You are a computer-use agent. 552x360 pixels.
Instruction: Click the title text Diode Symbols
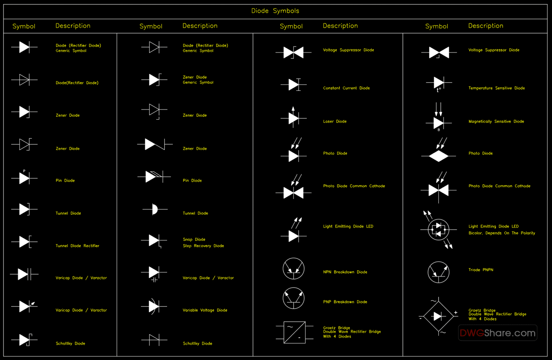[275, 11]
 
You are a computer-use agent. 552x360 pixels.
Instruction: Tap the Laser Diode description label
[335, 121]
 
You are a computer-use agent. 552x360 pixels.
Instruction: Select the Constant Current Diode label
[346, 88]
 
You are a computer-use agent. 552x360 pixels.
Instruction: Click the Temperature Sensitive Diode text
[496, 88]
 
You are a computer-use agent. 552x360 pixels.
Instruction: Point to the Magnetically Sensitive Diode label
[496, 121]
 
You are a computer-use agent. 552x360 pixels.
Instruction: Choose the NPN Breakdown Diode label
[345, 272]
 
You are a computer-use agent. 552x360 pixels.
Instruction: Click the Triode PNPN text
[480, 270]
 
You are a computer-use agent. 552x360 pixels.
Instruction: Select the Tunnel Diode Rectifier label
[77, 246]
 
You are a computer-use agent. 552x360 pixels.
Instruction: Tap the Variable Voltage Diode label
[205, 310]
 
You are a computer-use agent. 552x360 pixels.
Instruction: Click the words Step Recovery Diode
[203, 246]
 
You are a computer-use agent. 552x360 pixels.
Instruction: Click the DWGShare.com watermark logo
[497, 333]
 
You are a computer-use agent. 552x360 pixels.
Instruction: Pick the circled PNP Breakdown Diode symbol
[294, 298]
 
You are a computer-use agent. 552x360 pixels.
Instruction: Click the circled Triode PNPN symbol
[438, 272]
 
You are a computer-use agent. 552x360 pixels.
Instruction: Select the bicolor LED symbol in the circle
[438, 229]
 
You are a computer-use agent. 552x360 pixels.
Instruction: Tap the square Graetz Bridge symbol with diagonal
[294, 332]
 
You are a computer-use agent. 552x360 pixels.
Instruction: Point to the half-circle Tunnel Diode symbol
[155, 209]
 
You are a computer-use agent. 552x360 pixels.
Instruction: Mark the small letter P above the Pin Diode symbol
[24, 171]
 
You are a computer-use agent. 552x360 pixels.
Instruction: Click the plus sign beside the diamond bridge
[456, 313]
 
